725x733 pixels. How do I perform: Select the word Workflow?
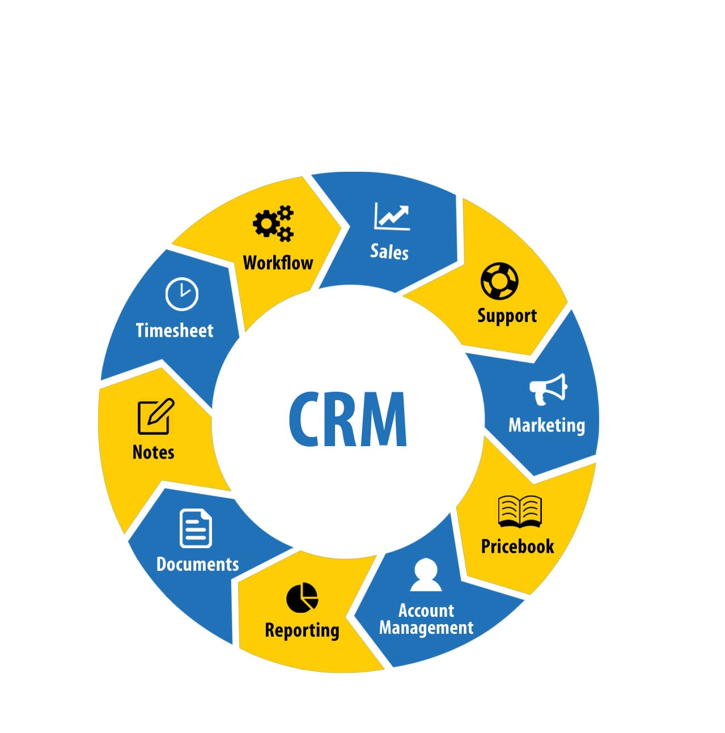point(278,262)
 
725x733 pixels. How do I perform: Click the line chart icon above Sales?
point(392,216)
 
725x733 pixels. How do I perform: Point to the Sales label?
point(389,251)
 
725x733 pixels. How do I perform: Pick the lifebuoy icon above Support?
point(499,281)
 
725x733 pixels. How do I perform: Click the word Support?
point(507,315)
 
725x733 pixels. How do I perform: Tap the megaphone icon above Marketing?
point(548,388)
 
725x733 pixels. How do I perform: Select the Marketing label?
point(546,425)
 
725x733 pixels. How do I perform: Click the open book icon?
point(520,511)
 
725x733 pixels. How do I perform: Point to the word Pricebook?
point(518,546)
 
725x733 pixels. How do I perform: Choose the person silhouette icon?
point(426,575)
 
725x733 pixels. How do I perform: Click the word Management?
point(426,628)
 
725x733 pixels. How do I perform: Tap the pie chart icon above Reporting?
point(302,598)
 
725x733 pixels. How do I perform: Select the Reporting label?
point(302,630)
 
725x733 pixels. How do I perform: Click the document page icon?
point(196,528)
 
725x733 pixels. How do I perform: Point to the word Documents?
point(197,564)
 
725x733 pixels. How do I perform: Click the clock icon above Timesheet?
point(181,294)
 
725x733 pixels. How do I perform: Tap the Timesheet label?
point(175,330)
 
